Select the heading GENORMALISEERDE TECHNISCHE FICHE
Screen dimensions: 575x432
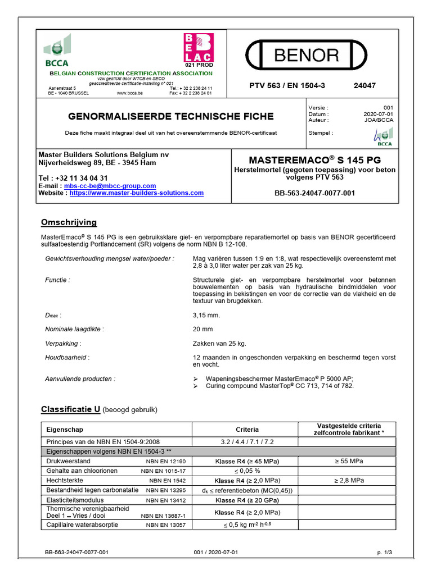coord(171,116)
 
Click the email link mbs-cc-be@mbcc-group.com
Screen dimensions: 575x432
coord(110,186)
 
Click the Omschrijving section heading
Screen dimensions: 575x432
coord(69,222)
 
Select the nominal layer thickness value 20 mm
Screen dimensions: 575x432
coord(202,329)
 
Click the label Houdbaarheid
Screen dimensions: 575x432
coord(67,357)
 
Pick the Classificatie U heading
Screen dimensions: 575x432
coord(70,410)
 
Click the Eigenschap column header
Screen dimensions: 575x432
coord(65,429)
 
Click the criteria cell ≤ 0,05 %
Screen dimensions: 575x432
coord(247,471)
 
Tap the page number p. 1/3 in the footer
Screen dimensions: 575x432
coord(385,553)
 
